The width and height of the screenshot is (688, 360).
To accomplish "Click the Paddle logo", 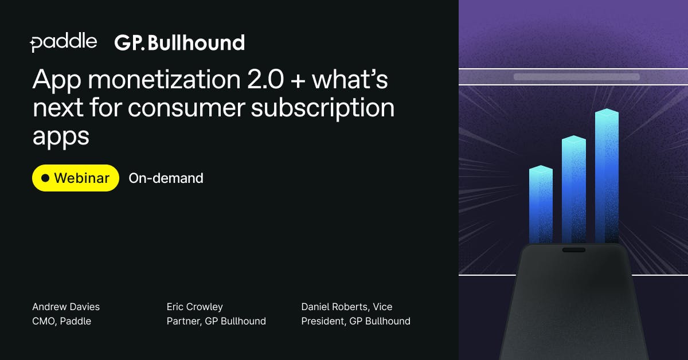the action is (x=64, y=42).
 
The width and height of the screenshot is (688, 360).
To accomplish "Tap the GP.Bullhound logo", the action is (x=179, y=42).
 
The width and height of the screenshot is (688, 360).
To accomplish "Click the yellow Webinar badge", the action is (x=76, y=178).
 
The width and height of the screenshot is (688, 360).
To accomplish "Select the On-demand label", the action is (x=166, y=178).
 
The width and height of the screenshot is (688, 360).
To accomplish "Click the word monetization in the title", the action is (x=165, y=80).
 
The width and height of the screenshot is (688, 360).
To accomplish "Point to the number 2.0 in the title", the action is (x=265, y=80).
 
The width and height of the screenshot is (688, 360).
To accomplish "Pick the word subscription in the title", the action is (x=322, y=108).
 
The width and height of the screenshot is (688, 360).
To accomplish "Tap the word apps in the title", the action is (x=61, y=138).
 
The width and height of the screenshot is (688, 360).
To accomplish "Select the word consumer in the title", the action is (x=186, y=109).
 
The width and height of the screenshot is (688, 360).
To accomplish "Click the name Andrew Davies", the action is (x=66, y=307).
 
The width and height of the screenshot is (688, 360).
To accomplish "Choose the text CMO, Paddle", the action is (x=62, y=321).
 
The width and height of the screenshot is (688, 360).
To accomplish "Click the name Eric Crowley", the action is (x=195, y=307).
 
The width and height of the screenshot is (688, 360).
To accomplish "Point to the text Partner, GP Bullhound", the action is (x=216, y=321).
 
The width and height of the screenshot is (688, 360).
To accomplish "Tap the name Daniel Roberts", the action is (x=334, y=307).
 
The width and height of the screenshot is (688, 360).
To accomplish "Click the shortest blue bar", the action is (x=541, y=205).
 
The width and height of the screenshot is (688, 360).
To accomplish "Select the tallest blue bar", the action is (x=607, y=176).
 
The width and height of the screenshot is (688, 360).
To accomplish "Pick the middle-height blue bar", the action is (x=574, y=190).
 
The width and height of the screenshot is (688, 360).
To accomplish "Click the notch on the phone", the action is (x=574, y=250).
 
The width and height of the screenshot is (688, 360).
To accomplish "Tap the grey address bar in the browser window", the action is (x=577, y=77).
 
